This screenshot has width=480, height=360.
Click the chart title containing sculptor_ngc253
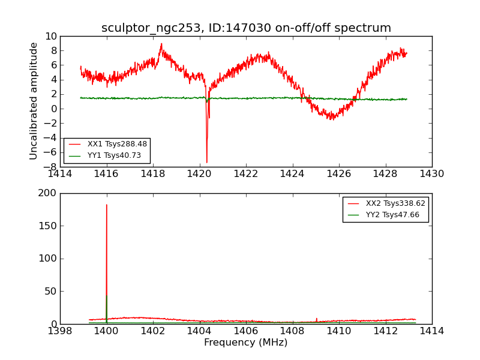246,28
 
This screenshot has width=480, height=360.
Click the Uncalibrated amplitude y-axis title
34,101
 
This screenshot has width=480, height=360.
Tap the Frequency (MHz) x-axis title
245,343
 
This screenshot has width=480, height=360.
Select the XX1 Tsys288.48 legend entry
117,145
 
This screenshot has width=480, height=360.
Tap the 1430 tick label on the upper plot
431,175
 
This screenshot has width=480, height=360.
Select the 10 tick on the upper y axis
50,36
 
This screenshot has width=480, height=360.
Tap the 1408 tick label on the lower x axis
292,331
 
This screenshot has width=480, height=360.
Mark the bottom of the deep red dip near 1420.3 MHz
207,162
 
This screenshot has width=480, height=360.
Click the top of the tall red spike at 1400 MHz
107,205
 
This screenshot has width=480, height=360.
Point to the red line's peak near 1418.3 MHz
161,44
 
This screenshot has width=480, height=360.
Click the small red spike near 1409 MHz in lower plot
316,319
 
